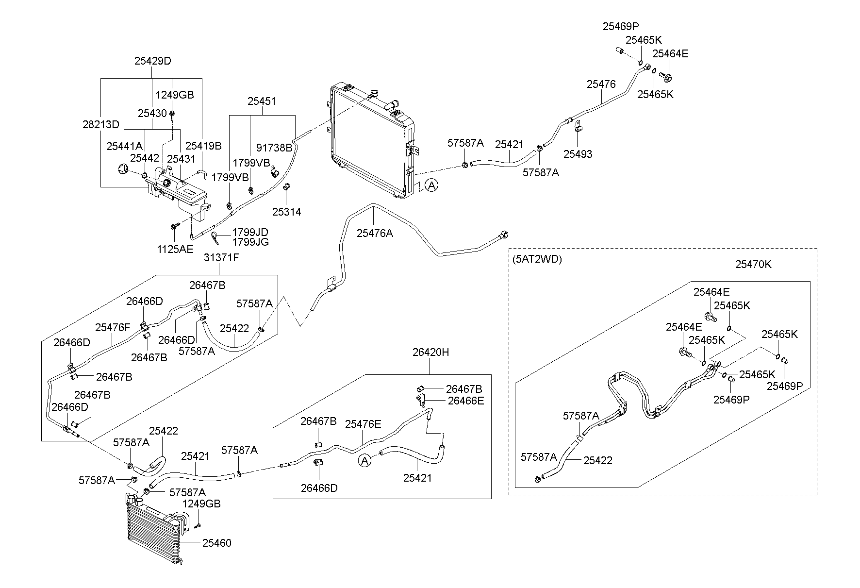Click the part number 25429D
click(152, 61)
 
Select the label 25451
click(262, 101)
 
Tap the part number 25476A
click(375, 233)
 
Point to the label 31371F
click(221, 257)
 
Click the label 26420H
click(430, 353)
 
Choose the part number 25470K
click(753, 265)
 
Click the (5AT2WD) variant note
click(537, 259)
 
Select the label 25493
click(578, 154)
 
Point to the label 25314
click(286, 212)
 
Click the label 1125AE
click(175, 249)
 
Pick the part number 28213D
click(100, 124)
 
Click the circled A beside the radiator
click(431, 185)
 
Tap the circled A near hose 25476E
click(364, 460)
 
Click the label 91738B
click(274, 147)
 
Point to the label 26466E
click(465, 401)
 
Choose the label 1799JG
click(250, 242)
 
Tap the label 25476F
click(113, 327)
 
